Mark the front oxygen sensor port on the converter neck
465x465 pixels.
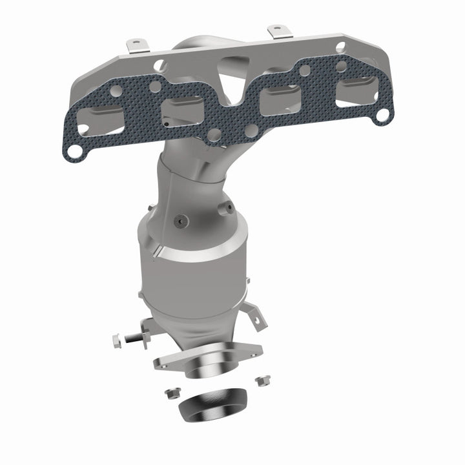pyautogui.click(x=178, y=219)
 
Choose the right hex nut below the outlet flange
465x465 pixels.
pyautogui.click(x=261, y=380)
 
